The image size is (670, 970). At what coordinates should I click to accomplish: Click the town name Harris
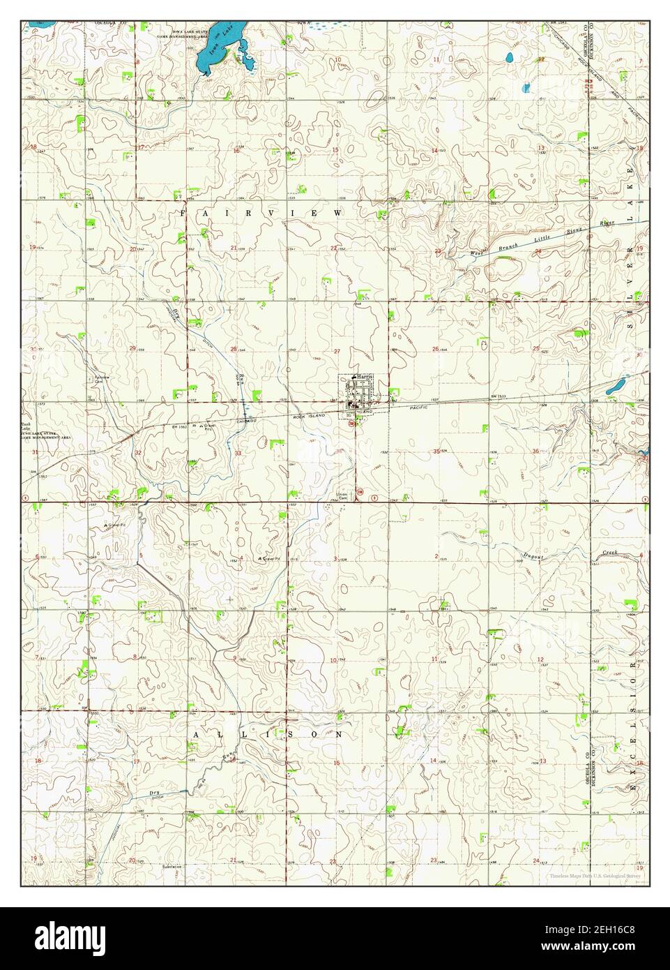pos(365,378)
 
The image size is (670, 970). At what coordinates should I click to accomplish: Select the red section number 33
pos(238,454)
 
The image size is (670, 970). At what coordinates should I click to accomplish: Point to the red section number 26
pos(435,349)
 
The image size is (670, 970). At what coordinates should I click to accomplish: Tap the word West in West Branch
pos(477,253)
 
